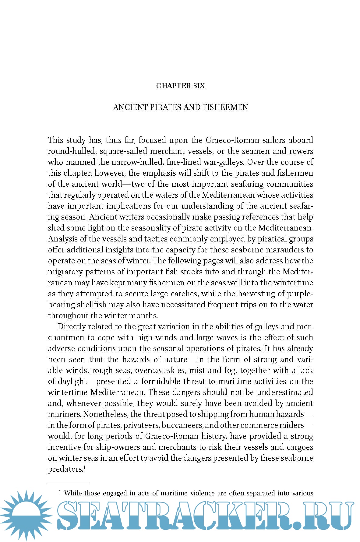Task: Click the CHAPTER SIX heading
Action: [180, 86]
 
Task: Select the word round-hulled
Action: [71, 151]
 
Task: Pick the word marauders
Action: [285, 250]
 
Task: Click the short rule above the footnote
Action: [68, 484]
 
